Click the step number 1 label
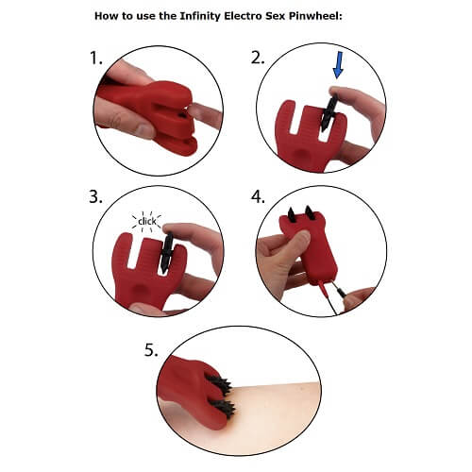point(95,59)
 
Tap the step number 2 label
point(258,59)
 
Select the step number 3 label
point(95,199)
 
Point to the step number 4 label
point(259,199)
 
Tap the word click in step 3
point(146,223)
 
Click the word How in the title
point(136,16)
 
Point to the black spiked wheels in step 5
point(221,395)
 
